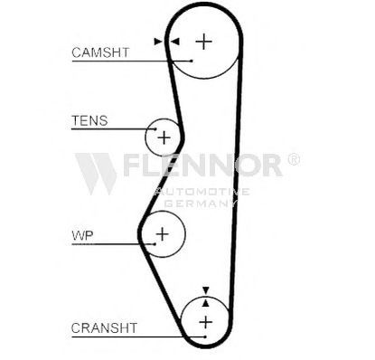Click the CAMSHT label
click(x=100, y=52)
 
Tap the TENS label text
click(x=89, y=121)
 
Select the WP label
click(x=82, y=235)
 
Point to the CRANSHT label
click(x=104, y=327)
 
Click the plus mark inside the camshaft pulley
click(x=204, y=42)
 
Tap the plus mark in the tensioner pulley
click(x=164, y=137)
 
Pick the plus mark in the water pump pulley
click(x=163, y=234)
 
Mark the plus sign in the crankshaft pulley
click(x=206, y=322)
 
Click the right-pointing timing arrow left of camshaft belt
click(x=158, y=42)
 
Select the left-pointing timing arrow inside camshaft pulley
click(x=174, y=42)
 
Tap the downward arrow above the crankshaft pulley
click(x=206, y=290)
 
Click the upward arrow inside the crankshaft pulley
click(x=206, y=303)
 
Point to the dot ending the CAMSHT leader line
click(x=192, y=61)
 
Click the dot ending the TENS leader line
click(x=155, y=129)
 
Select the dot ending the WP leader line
click(x=155, y=244)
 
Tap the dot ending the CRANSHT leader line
click(x=205, y=336)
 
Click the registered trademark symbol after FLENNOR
click(x=294, y=159)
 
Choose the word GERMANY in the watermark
click(x=201, y=204)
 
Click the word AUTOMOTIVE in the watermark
click(x=202, y=192)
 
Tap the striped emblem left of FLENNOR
click(x=96, y=174)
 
